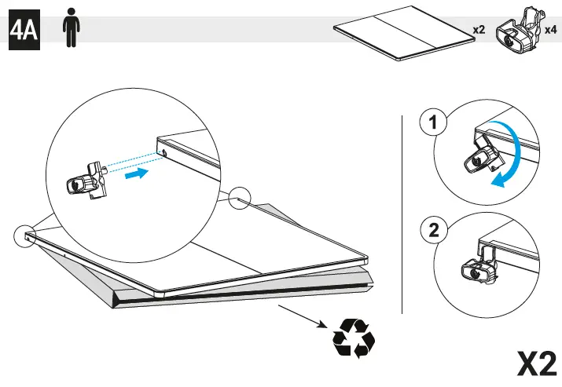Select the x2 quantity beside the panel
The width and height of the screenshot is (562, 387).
[479, 30]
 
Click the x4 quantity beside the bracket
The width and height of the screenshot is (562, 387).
[551, 30]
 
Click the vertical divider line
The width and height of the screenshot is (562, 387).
[402, 214]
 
